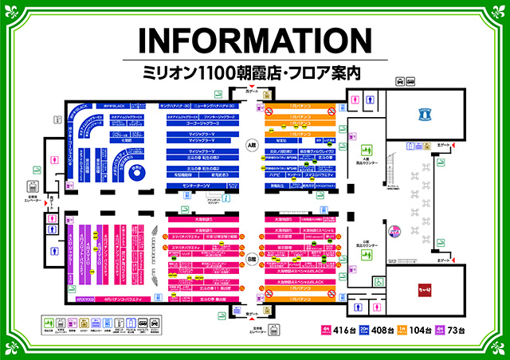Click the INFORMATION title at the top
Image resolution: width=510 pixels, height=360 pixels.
[254, 42]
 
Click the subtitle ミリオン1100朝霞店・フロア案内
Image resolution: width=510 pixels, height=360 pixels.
[254, 72]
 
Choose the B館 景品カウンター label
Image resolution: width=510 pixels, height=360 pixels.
[367, 247]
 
